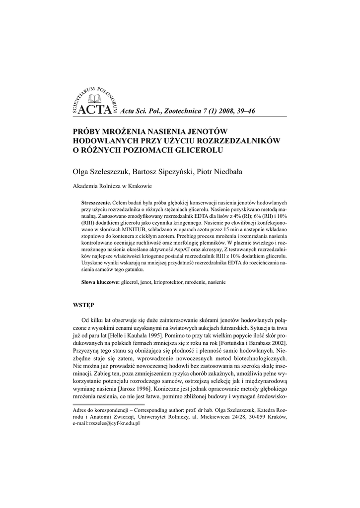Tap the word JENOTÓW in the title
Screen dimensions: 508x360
tap(206, 131)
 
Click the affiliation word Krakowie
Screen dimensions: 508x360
tap(140, 187)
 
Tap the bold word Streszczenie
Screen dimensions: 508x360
tap(96, 203)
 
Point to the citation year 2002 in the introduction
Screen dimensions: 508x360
tap(275, 343)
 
